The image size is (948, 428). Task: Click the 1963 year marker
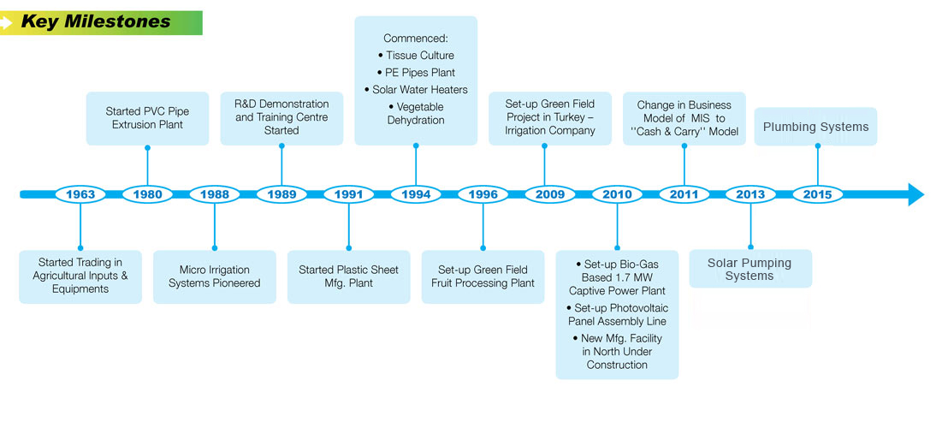tap(80, 194)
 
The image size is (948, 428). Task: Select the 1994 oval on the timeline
tap(416, 194)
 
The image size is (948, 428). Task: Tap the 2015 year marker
tap(817, 194)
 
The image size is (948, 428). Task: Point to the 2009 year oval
tap(550, 194)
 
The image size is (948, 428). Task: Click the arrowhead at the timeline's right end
tap(915, 194)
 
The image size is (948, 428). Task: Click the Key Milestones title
tap(95, 21)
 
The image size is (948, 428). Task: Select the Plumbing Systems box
tap(815, 127)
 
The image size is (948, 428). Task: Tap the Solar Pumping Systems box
tap(750, 269)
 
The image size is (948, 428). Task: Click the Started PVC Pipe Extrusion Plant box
tap(147, 118)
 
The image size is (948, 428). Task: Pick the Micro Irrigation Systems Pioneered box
tap(214, 276)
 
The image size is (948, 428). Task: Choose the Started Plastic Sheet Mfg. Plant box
tap(348, 276)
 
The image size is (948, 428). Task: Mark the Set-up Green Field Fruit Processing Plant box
tap(483, 276)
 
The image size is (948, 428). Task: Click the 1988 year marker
tap(215, 194)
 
